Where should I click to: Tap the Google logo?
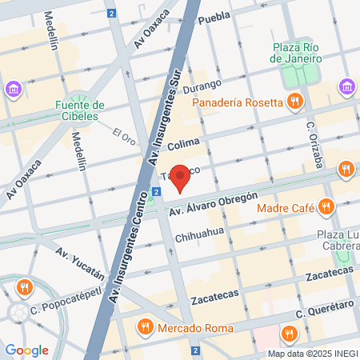pyautogui.click(x=26, y=350)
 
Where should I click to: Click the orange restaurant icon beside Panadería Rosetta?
pyautogui.click(x=296, y=102)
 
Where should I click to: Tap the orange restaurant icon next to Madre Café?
pyautogui.click(x=325, y=208)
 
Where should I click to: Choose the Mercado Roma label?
pyautogui.click(x=195, y=328)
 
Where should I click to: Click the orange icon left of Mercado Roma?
pyautogui.click(x=146, y=326)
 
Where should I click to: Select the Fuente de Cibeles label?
pyautogui.click(x=81, y=110)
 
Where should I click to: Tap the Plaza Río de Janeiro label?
pyautogui.click(x=297, y=51)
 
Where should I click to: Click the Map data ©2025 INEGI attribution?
pyautogui.click(x=312, y=354)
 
